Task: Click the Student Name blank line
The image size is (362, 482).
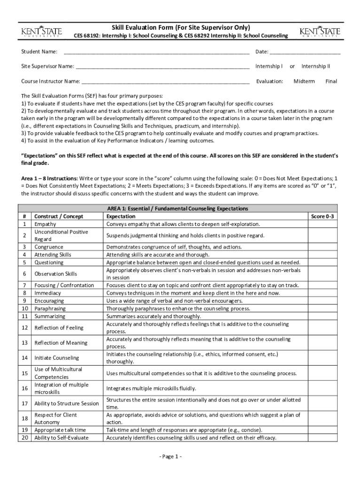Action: point(157,52)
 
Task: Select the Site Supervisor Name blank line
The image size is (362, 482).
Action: point(162,67)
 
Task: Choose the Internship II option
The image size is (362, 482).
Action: point(315,66)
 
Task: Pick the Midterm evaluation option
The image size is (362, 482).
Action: point(304,81)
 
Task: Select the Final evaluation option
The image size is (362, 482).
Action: point(331,81)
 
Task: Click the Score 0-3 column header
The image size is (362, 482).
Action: point(323,217)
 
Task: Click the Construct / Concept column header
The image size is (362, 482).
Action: point(59,217)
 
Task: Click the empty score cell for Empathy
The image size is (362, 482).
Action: point(323,224)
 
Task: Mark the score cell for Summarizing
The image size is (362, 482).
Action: point(323,316)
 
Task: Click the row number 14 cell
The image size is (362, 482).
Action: point(24,358)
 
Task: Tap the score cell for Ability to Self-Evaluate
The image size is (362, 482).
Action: point(323,438)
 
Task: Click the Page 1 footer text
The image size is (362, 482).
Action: point(170,457)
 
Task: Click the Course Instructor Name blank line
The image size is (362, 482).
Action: point(165,82)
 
